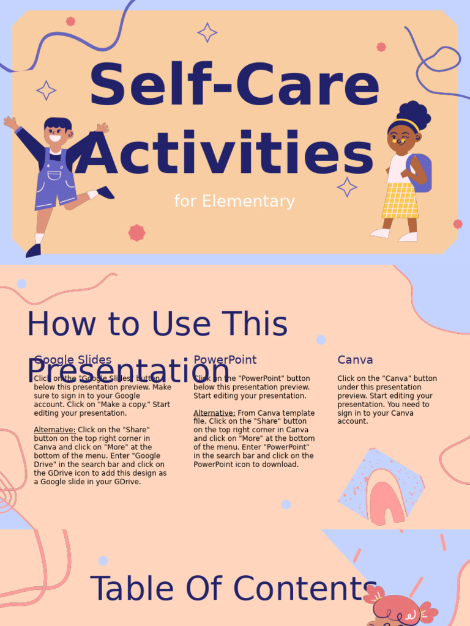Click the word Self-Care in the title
(x=234, y=86)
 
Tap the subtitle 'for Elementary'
(x=234, y=201)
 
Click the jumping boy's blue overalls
(x=54, y=180)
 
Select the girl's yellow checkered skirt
(x=400, y=200)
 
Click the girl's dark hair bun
(x=414, y=114)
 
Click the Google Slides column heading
(x=73, y=360)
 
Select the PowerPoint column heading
(x=225, y=360)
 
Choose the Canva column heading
(x=355, y=360)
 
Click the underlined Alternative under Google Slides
(x=54, y=430)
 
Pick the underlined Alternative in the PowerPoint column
(x=214, y=413)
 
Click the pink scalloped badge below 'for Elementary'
(x=136, y=233)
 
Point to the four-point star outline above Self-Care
(x=207, y=32)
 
